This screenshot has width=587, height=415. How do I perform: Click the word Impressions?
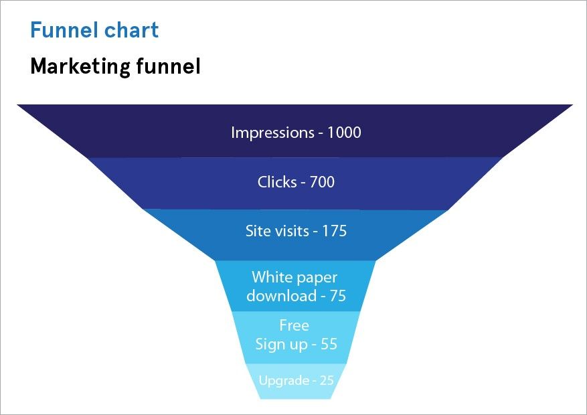click(271, 133)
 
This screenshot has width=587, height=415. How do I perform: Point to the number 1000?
click(343, 133)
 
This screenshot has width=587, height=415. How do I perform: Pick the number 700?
click(322, 181)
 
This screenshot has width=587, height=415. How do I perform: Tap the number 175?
click(334, 231)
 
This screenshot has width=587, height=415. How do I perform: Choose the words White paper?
click(295, 277)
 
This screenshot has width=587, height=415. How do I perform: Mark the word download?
click(281, 296)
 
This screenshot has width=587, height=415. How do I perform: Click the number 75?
click(337, 296)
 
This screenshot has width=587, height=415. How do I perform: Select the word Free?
click(295, 326)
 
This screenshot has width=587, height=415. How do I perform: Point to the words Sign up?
click(281, 345)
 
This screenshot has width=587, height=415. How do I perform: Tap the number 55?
click(328, 345)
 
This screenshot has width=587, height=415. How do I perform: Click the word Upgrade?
click(284, 381)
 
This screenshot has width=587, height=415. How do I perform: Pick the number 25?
click(326, 381)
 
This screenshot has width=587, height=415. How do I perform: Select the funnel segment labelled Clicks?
click(201, 183)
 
